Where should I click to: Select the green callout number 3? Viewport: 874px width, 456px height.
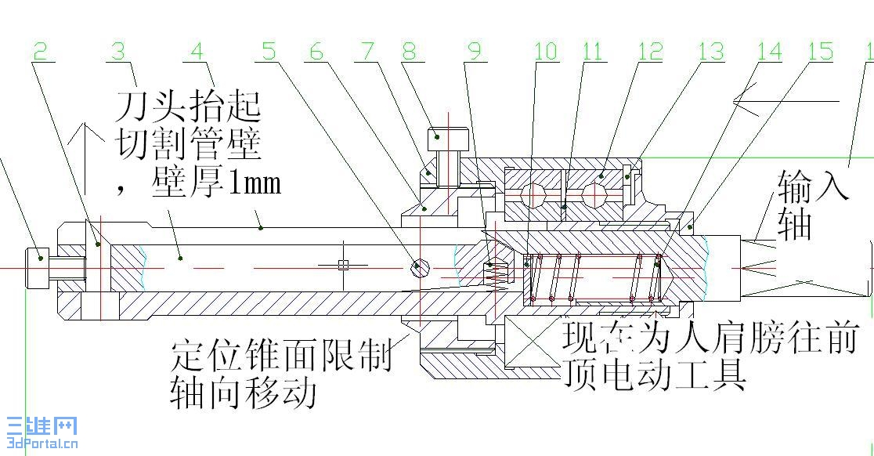click(118, 52)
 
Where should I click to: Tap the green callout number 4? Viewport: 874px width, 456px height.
click(197, 52)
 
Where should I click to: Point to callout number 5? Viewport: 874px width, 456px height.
click(269, 52)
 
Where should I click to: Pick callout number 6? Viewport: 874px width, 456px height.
click(316, 52)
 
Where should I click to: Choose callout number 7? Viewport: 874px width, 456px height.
click(365, 52)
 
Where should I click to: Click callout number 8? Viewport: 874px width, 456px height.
click(410, 52)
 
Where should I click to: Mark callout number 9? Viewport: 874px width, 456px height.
click(474, 52)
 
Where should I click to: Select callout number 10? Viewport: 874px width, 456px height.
click(546, 52)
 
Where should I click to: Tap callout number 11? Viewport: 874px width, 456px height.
click(593, 52)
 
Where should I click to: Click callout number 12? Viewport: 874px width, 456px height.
click(650, 52)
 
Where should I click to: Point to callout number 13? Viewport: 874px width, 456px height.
click(711, 52)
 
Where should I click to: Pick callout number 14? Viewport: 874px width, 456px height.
click(769, 52)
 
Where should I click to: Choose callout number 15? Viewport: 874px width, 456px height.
click(820, 52)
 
